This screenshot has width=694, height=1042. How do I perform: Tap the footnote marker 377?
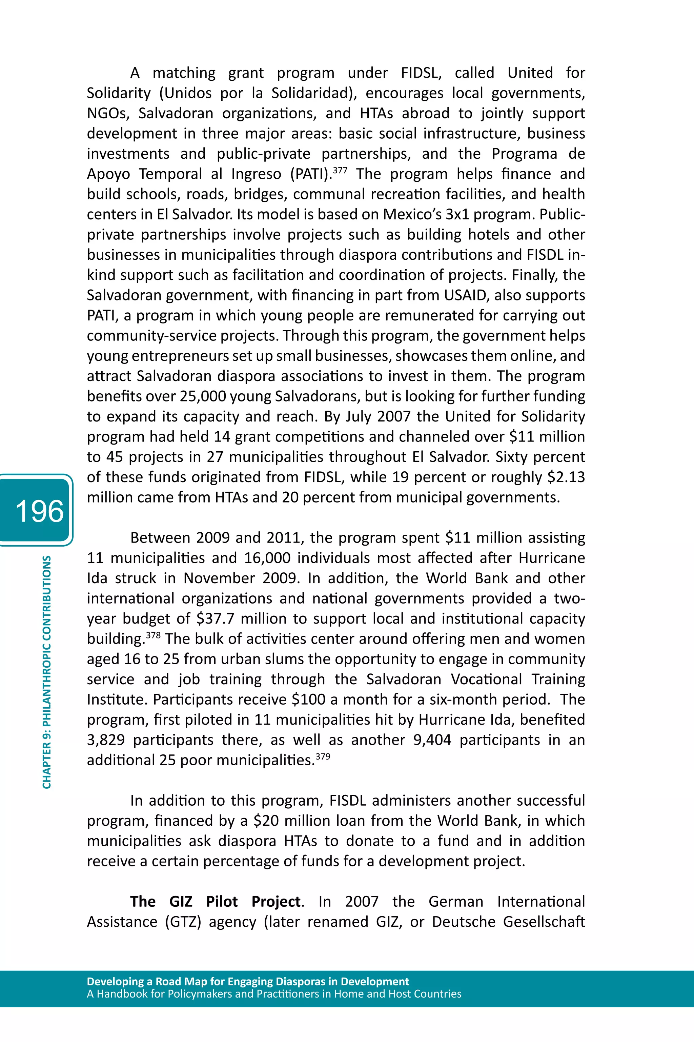click(340, 170)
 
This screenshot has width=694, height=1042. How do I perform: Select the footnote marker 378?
click(153, 635)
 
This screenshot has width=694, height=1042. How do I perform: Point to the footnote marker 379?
click(323, 756)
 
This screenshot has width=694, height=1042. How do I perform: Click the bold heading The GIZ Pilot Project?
click(216, 901)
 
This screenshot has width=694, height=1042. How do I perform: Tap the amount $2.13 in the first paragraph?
click(566, 477)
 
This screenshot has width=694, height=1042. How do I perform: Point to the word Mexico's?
click(412, 214)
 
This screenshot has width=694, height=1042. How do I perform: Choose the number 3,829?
click(106, 740)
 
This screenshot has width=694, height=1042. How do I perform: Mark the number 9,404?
click(432, 740)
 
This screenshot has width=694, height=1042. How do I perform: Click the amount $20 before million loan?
click(266, 821)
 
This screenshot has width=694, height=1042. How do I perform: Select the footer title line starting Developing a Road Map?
click(248, 981)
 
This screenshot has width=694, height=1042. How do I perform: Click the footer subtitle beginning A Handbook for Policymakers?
click(274, 994)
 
